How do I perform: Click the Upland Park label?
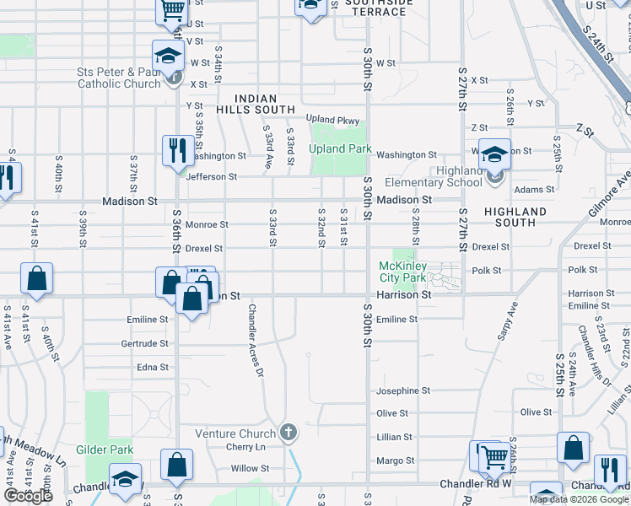pos(340,149)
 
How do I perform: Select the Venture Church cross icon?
pos(289,433)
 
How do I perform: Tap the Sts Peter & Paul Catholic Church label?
pos(119,78)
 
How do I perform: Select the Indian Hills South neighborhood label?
pos(254,105)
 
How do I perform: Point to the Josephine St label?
pos(403,391)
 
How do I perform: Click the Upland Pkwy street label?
pos(332,119)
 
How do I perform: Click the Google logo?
pos(27,495)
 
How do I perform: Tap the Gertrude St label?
pos(144,344)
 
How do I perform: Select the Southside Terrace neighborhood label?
pos(380,8)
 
